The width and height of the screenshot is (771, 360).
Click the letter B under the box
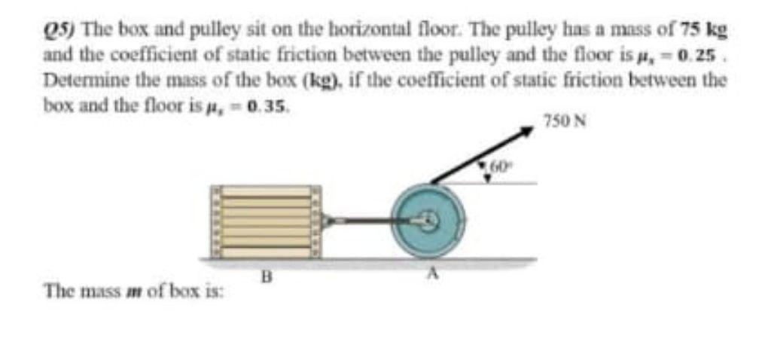(265, 276)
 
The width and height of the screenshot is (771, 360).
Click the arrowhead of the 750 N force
(528, 131)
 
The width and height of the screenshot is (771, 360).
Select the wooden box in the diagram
(265, 222)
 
